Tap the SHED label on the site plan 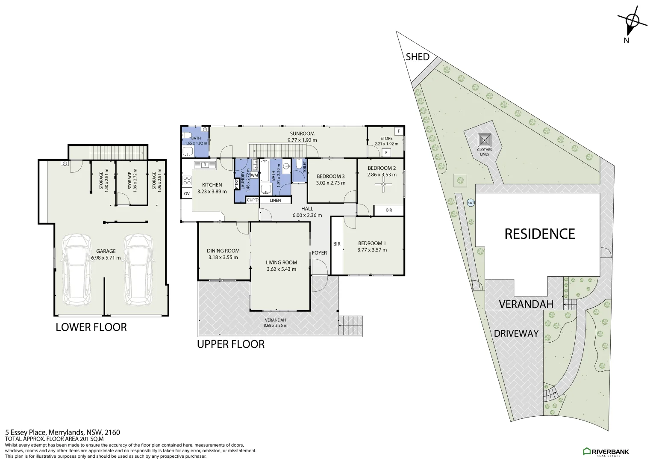click(x=418, y=56)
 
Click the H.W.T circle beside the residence click(x=471, y=202)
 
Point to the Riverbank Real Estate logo click(x=606, y=452)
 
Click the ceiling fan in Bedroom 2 click(x=383, y=184)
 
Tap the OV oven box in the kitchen click(x=187, y=193)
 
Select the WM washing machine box click(x=254, y=175)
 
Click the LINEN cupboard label click(x=275, y=200)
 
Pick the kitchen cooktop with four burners click(x=187, y=181)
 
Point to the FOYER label click(x=319, y=253)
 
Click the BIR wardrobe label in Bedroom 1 click(x=337, y=244)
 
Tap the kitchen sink click(x=205, y=165)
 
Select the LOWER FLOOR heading click(x=91, y=327)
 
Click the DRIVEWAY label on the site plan click(x=516, y=333)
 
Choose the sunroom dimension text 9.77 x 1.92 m click(x=302, y=140)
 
